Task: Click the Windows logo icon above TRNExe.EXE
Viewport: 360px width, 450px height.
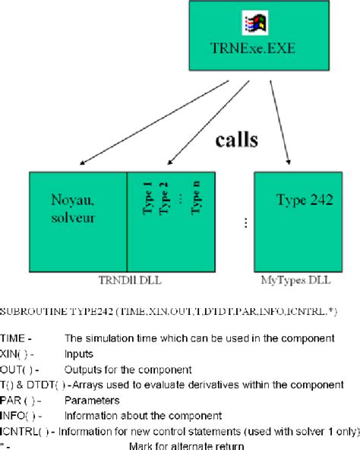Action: pos(253,24)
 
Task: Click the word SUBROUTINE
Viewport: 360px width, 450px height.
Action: pos(33,312)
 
